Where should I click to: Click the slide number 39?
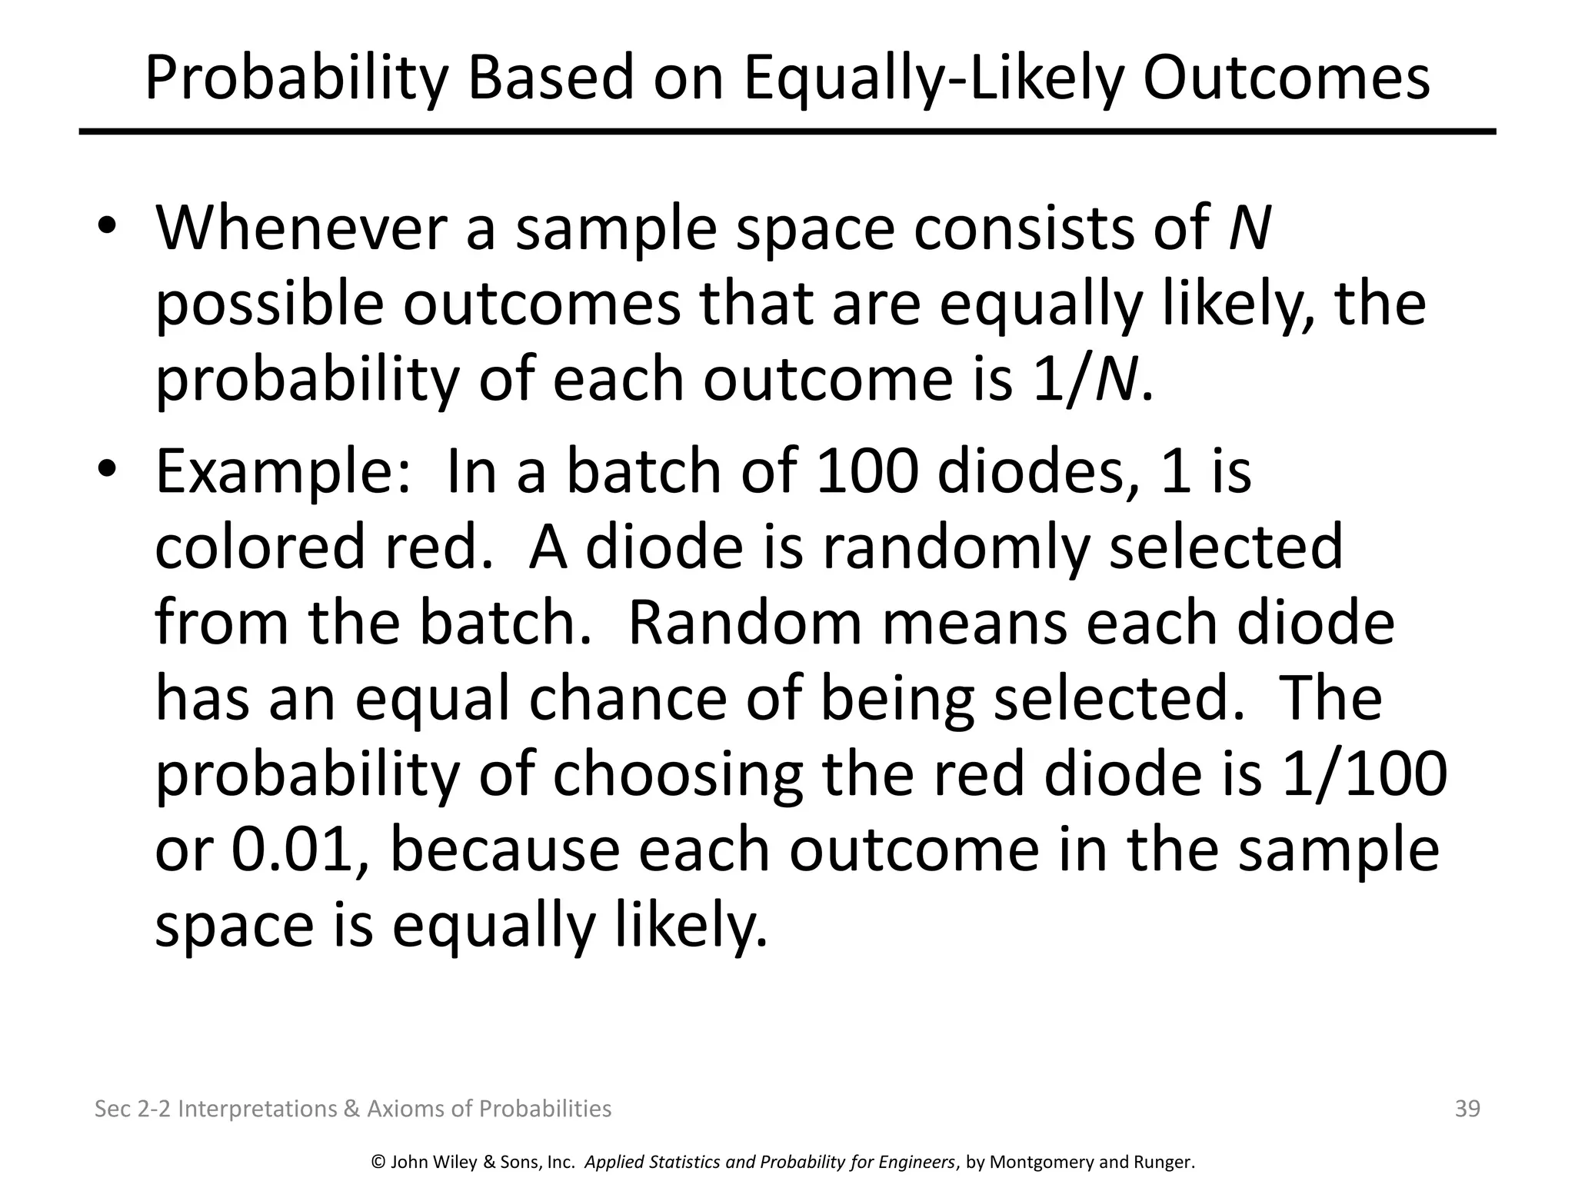[1467, 1109]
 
